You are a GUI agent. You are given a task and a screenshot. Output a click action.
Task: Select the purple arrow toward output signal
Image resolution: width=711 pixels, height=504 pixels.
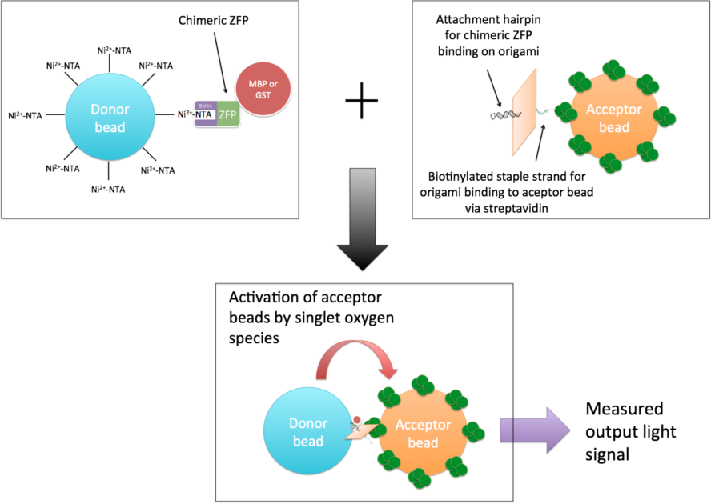point(532,433)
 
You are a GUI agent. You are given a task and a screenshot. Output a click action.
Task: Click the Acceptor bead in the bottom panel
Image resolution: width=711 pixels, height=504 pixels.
point(422,433)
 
